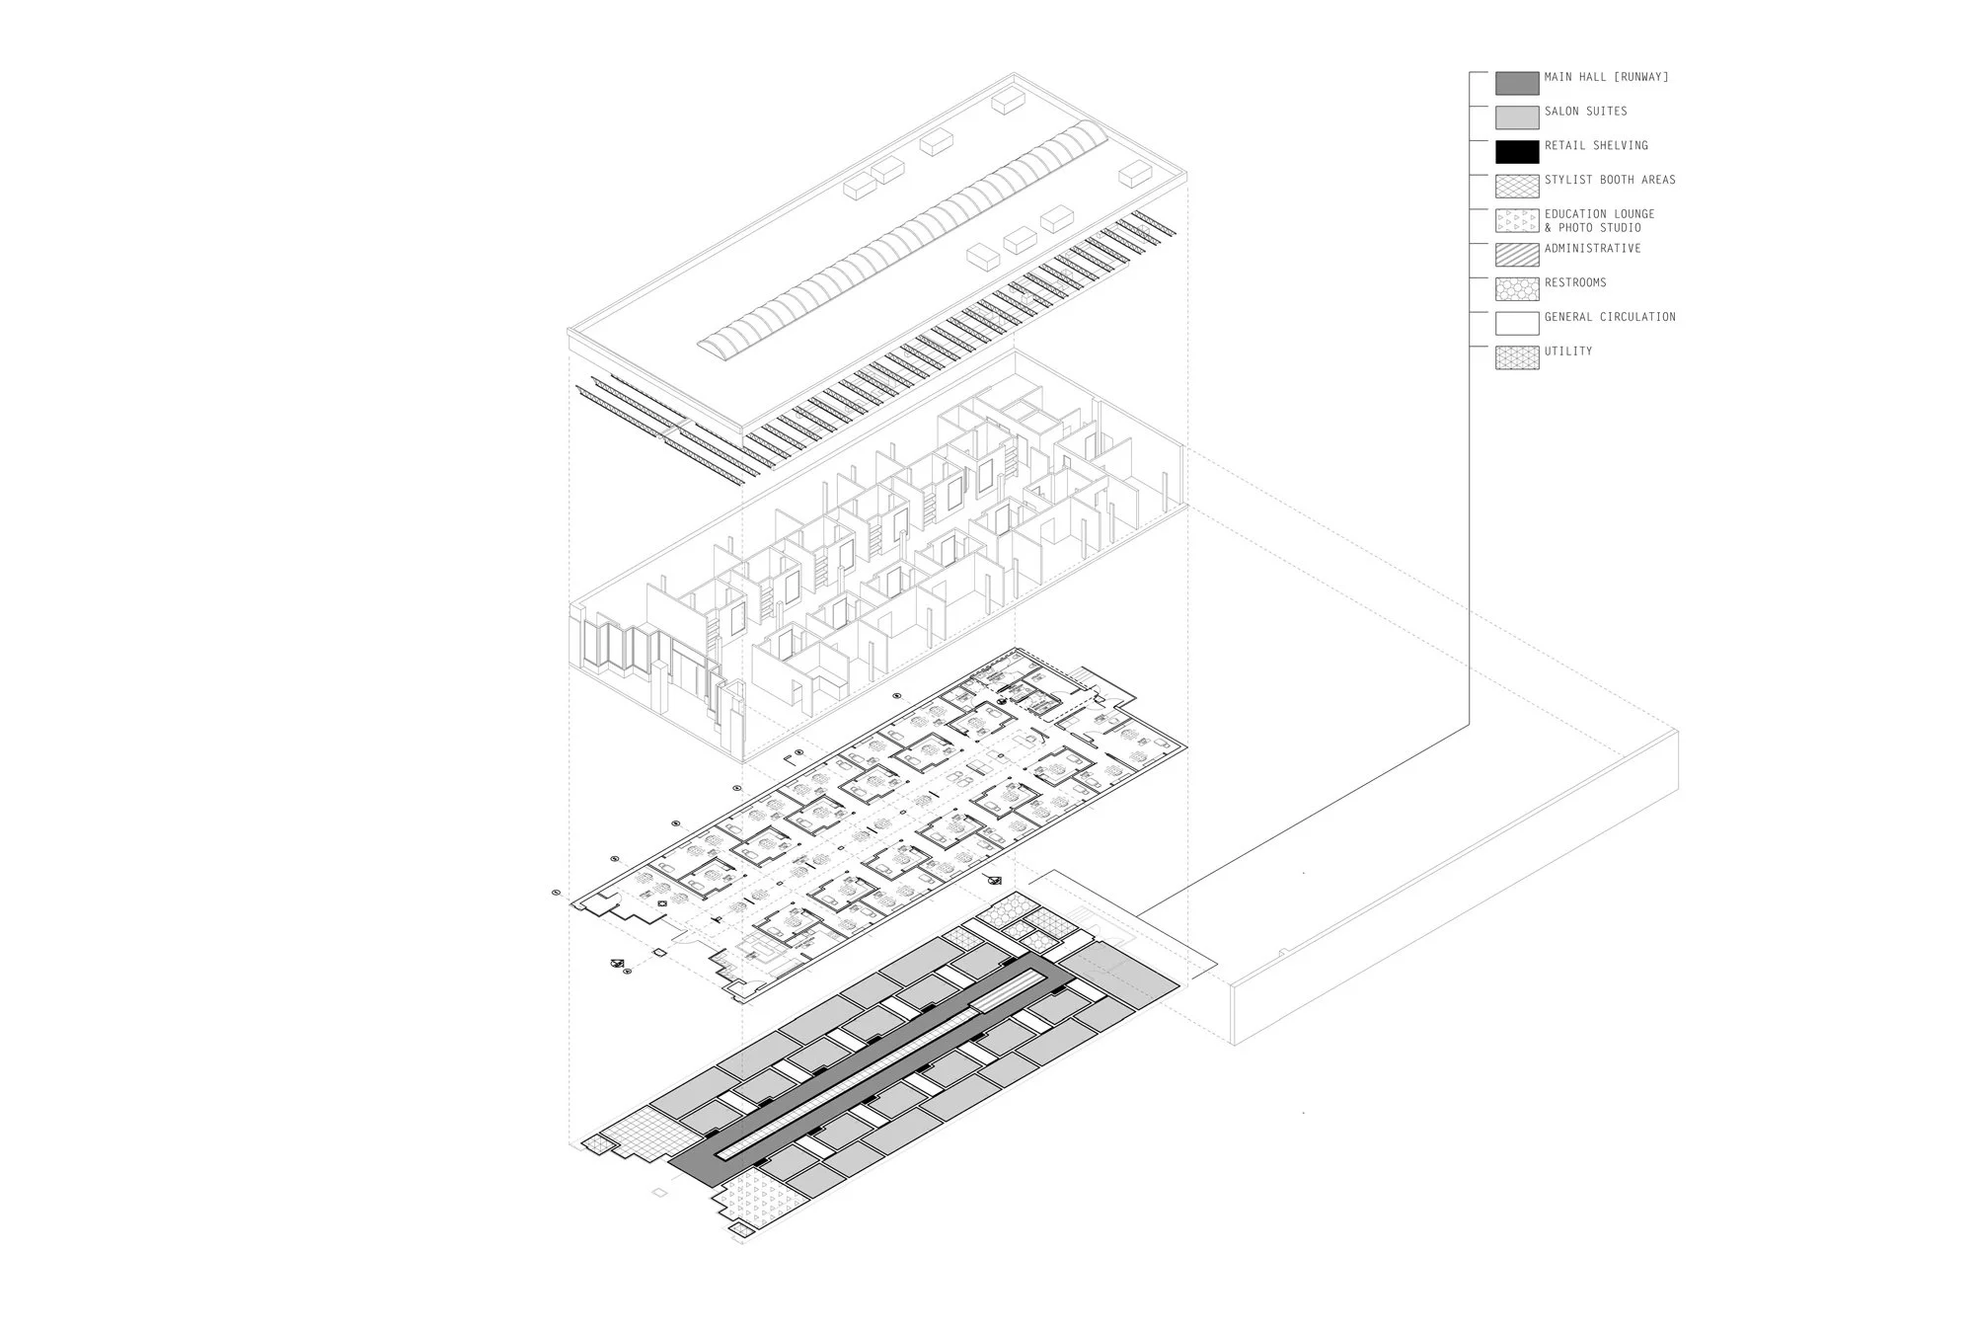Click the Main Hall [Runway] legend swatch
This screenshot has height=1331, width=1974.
pos(1516,83)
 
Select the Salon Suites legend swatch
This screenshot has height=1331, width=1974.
pos(1516,117)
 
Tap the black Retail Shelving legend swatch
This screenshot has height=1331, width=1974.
pos(1516,152)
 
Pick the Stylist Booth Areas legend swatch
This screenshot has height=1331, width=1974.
pos(1516,187)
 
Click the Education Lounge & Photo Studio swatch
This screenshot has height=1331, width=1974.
pos(1516,221)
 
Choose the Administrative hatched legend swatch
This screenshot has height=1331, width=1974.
pos(1516,255)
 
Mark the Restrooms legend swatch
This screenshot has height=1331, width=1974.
pos(1516,289)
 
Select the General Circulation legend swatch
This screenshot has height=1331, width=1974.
pos(1516,324)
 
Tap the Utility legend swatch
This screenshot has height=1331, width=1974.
pos(1516,357)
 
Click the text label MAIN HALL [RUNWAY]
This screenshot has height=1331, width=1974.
pos(1606,77)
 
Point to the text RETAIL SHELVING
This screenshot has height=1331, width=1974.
pos(1596,145)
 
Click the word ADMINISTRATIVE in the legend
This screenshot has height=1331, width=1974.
pos(1592,248)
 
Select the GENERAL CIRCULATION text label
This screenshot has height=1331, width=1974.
pos(1610,317)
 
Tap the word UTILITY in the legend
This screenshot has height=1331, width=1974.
pos(1568,352)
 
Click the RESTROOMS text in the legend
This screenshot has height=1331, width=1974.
pos(1575,282)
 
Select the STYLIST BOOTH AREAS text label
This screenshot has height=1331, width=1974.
pos(1610,180)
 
